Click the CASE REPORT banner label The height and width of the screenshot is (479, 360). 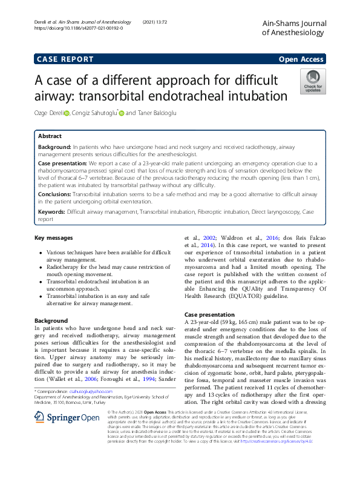tap(65, 59)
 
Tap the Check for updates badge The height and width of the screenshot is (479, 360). tap(312, 81)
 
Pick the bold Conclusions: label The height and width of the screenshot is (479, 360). tap(54, 194)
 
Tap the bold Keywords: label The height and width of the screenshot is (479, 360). tap(52, 212)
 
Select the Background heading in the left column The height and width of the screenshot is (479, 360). tap(51, 320)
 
